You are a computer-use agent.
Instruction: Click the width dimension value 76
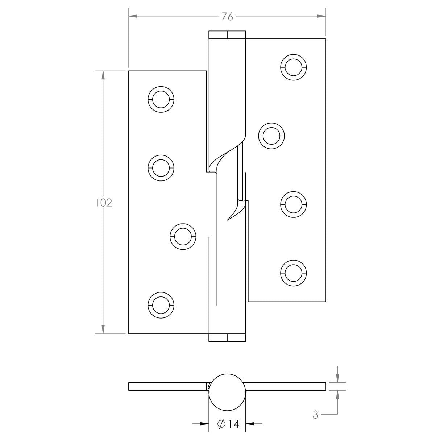pos(227,17)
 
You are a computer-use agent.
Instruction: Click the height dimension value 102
pos(104,203)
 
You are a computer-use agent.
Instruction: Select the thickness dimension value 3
pos(315,415)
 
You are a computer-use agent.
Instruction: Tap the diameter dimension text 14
pos(229,424)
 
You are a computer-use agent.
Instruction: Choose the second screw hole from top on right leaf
pos(272,136)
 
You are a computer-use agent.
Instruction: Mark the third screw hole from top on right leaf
pos(294,204)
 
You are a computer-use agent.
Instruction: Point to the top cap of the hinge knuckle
pos(227,35)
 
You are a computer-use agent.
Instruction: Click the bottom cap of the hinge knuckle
pos(227,338)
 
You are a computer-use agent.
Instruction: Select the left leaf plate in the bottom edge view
pos(167,386)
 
